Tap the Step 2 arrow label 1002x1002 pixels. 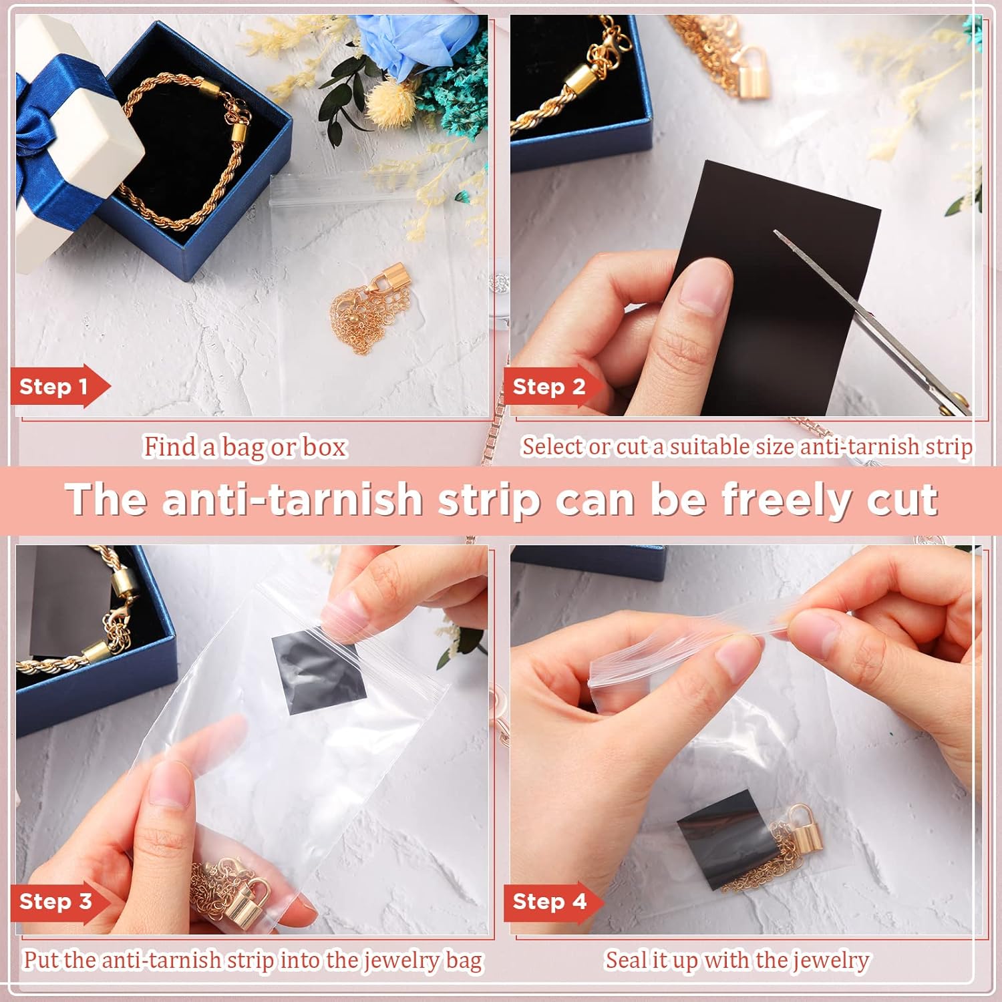click(x=552, y=387)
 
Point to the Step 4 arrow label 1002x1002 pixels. click(x=552, y=901)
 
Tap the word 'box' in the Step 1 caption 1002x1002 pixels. click(x=325, y=447)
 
